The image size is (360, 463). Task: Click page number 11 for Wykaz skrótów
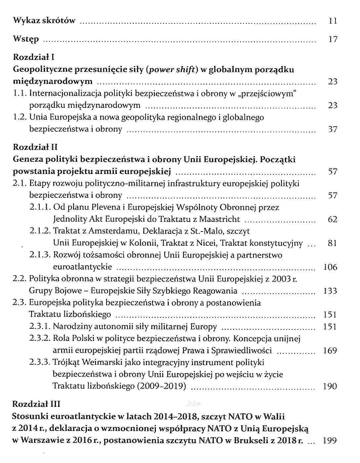pos(333,21)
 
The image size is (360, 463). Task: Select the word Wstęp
pos(26,39)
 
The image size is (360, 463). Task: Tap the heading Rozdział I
pos(33,57)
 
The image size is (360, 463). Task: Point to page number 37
pos(333,129)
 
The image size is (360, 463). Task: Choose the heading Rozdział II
pos(35,147)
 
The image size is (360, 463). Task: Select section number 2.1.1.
pos(40,207)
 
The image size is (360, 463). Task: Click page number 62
pos(333,219)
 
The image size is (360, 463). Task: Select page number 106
pos(330,267)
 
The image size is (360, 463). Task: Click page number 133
pos(330,291)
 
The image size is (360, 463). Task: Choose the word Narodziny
pos(72,327)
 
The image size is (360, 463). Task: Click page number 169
pos(330,351)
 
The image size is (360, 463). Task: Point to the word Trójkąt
pos(66,363)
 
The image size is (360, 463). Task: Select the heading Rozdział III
pos(36,404)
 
